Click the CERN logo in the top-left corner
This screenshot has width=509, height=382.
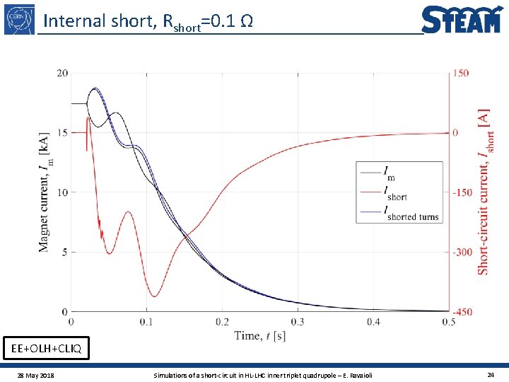click(x=19, y=18)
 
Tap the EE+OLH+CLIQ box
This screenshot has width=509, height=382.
click(x=46, y=348)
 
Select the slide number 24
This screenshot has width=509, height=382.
click(x=490, y=374)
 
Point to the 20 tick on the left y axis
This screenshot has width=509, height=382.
click(x=62, y=73)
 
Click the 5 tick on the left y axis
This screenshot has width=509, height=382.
click(x=64, y=252)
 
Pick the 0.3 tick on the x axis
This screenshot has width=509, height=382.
click(x=298, y=322)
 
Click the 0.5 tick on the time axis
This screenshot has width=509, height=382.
click(x=448, y=322)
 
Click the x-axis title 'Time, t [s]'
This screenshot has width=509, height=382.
click(x=259, y=335)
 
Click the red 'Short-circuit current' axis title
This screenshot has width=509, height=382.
click(x=484, y=191)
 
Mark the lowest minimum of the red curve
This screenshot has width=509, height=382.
click(x=153, y=296)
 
